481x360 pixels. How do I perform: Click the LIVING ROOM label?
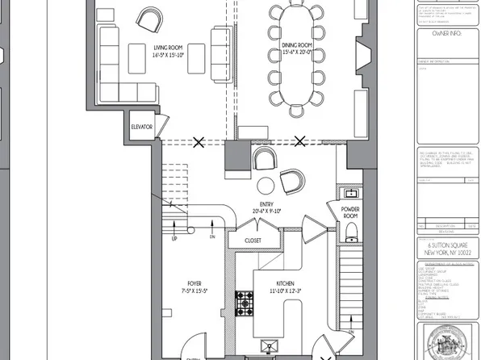coord(163,46)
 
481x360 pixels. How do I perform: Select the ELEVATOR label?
coord(142,128)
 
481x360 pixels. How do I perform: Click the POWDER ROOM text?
coord(350,213)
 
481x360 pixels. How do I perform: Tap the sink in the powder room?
coord(351,194)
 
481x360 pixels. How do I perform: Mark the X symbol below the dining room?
coord(300,142)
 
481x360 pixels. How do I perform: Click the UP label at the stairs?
coord(174,238)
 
